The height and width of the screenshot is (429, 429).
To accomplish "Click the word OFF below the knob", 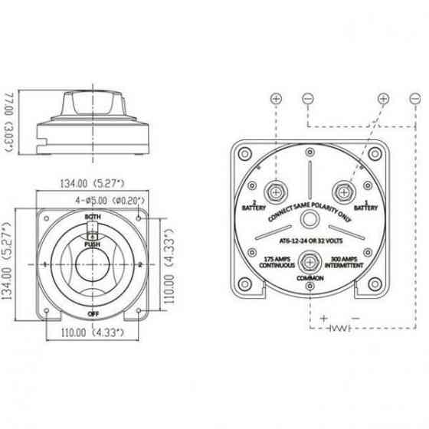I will click(92, 314).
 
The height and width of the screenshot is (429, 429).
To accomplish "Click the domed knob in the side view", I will click(94, 99).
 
